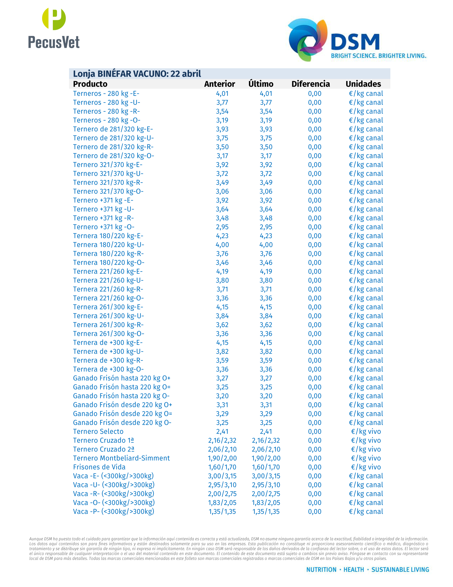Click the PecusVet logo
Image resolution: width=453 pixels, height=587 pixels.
tap(54, 28)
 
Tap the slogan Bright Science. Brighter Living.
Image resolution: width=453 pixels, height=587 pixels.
tap(378, 56)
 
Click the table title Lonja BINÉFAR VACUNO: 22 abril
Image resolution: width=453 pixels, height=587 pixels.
tap(137, 74)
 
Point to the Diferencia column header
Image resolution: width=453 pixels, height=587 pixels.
tap(310, 84)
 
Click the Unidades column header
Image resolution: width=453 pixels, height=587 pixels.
tap(363, 84)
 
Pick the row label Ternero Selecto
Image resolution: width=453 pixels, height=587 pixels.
tap(98, 431)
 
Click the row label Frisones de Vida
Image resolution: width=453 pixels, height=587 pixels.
tap(99, 467)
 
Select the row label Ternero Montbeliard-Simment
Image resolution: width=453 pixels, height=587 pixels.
tap(121, 458)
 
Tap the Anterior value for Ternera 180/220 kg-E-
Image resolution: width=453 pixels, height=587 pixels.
tap(222, 236)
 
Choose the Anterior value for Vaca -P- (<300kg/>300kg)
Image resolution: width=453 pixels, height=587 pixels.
tap(222, 511)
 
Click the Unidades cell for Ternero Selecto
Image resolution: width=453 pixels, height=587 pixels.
tap(366, 431)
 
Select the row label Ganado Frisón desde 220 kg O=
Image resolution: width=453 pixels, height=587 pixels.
tap(122, 414)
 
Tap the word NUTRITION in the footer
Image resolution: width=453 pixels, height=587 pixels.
tap(321, 569)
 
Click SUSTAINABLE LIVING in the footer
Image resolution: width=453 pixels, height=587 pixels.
tap(400, 569)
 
